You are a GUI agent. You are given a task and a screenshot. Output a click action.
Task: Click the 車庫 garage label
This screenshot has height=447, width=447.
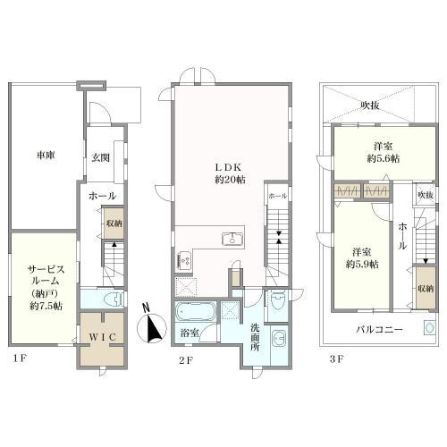click(x=46, y=156)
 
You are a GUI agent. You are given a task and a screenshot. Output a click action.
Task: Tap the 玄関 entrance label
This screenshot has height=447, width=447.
click(x=100, y=157)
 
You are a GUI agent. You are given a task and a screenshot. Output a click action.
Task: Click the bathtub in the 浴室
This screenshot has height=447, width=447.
click(x=196, y=312)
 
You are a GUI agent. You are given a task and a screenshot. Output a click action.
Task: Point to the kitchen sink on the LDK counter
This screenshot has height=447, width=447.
click(x=232, y=239)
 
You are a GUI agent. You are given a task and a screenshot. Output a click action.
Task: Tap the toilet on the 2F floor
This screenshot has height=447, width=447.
click(x=279, y=300)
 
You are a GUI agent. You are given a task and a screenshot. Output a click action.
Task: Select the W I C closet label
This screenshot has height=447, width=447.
click(x=102, y=337)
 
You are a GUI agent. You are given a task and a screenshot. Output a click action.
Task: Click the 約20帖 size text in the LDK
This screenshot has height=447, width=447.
click(x=230, y=180)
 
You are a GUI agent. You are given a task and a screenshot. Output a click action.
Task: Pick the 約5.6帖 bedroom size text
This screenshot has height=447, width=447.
click(x=384, y=158)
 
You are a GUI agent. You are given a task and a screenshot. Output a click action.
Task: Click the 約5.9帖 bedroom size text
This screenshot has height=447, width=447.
click(x=362, y=264)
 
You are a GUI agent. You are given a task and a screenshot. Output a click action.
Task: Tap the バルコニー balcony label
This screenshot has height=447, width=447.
click(x=380, y=329)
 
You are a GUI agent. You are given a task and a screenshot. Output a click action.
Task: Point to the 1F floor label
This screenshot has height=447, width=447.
click(x=20, y=358)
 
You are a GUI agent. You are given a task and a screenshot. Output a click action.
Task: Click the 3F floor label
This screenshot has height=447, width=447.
click(x=337, y=359)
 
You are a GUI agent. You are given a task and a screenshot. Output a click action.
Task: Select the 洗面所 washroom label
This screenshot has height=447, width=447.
click(x=255, y=337)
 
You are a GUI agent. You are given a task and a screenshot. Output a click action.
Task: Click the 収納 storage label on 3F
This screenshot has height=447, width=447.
click(x=426, y=288)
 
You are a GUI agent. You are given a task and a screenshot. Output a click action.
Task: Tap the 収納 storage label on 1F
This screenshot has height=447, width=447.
click(x=114, y=223)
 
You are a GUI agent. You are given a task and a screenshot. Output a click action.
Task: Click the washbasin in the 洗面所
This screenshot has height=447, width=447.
click(x=280, y=339)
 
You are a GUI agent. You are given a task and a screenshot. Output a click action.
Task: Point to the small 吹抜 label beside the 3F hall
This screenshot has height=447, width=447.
click(x=426, y=195)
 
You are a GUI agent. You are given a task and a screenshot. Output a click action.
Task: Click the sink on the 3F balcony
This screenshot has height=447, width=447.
click(x=429, y=328)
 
